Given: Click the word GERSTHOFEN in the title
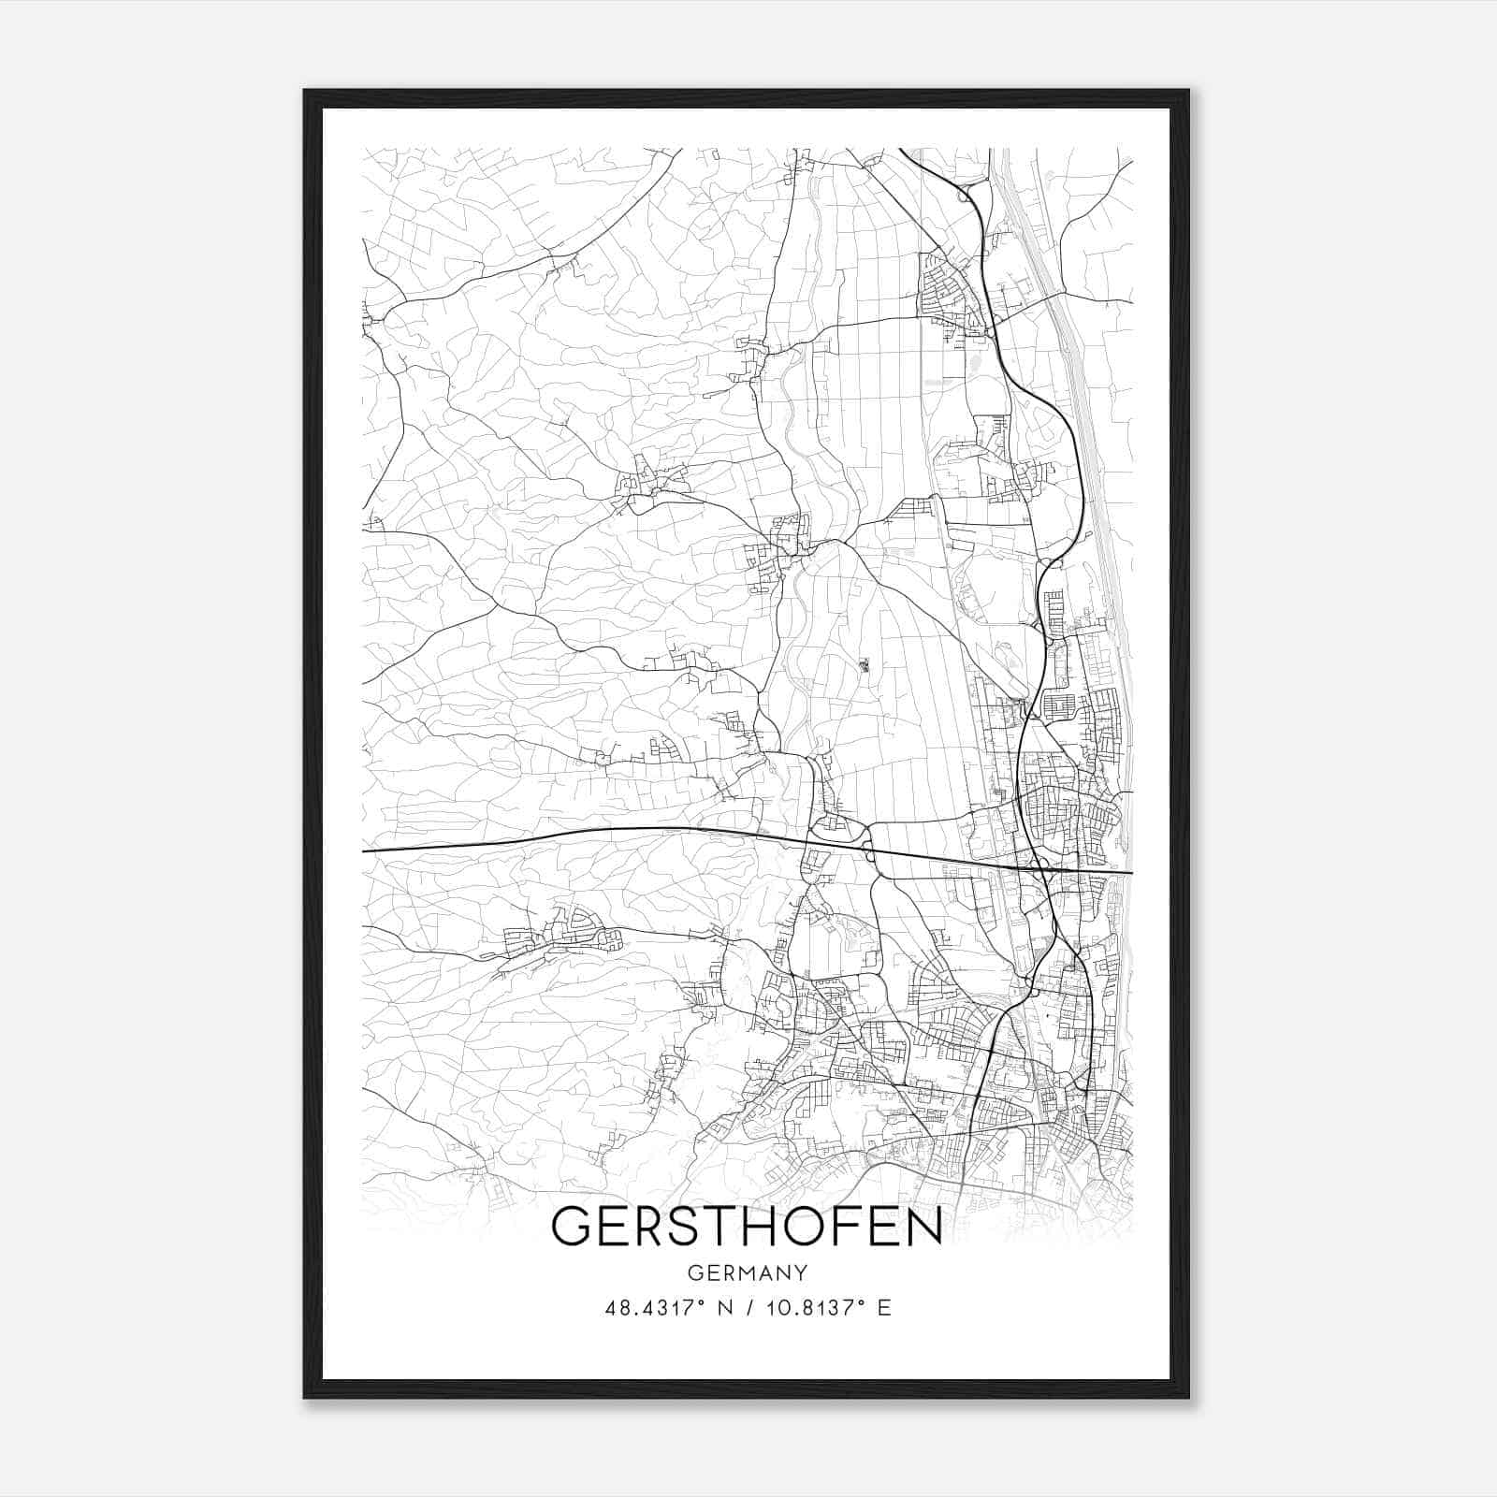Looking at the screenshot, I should point(747,1227).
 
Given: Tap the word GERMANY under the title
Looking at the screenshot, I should point(747,1273).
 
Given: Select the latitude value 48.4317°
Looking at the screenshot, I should point(652,1308).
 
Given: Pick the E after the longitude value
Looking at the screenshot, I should point(884,1308).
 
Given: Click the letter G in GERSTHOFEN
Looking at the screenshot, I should point(573,1227).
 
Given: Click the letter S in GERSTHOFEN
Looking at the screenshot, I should point(671,1227).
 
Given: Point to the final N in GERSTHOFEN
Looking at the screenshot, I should point(923,1227).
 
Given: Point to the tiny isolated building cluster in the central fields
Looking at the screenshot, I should point(865,665).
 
